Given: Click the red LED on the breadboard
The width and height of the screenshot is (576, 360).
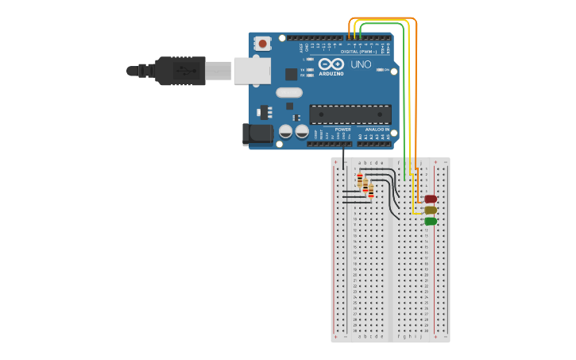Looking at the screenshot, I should (431, 199).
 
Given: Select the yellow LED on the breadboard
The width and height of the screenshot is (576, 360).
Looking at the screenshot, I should (431, 211).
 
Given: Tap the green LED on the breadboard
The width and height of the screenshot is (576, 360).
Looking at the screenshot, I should (431, 221).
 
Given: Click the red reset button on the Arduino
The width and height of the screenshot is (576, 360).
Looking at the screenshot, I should (262, 43).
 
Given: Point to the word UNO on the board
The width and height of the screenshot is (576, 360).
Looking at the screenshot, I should (361, 64).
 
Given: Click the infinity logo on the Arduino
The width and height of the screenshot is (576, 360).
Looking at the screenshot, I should (331, 64).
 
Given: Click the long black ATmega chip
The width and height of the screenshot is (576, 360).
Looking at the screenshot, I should (350, 114).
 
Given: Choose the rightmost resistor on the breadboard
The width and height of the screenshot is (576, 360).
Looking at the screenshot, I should (370, 192).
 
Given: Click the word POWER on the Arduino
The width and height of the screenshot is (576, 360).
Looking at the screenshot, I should (342, 129).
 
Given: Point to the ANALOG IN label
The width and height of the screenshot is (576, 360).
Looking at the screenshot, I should (377, 129).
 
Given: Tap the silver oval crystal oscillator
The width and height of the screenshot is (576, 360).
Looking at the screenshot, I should (289, 93).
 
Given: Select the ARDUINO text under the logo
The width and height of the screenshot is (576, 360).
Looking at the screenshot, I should (331, 74).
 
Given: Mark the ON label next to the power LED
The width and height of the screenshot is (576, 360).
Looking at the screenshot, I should (386, 71).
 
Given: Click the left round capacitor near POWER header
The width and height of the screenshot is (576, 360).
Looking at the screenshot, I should (286, 132).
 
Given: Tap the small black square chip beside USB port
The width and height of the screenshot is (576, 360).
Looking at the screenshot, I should (292, 74).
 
